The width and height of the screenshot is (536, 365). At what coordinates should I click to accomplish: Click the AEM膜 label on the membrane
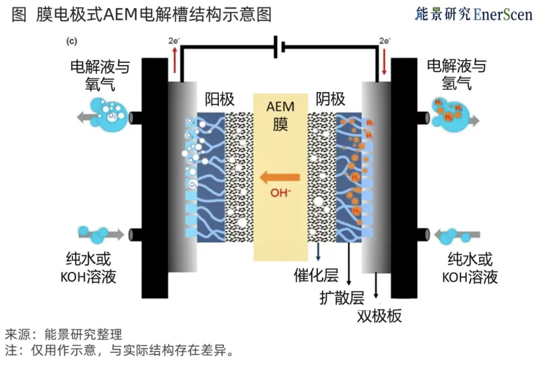280,115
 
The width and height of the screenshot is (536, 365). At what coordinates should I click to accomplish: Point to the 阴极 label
330,100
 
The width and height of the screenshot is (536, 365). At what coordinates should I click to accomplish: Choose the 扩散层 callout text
342,297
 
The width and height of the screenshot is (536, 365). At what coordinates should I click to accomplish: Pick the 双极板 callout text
379,316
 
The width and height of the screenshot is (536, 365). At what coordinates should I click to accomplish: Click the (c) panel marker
71,41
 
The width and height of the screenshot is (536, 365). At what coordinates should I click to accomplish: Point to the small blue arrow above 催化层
318,252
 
